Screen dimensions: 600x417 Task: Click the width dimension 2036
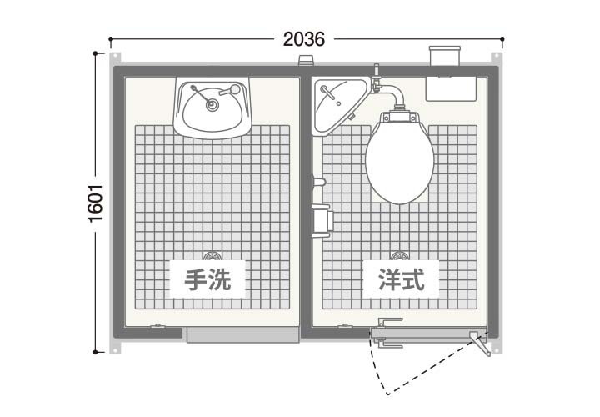(x=304, y=39)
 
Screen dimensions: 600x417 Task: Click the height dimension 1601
(x=96, y=203)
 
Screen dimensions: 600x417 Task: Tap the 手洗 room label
(x=207, y=279)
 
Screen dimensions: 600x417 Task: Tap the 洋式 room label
(x=402, y=279)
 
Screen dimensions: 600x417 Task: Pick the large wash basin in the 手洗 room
(x=212, y=108)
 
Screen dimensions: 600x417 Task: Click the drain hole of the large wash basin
(x=212, y=104)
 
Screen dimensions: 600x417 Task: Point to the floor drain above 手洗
(x=211, y=256)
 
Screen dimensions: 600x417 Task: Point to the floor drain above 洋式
(x=399, y=256)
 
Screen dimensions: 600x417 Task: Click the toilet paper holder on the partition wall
(x=322, y=220)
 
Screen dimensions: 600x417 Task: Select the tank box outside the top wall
(x=445, y=56)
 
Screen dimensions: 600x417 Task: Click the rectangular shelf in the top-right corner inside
(x=451, y=89)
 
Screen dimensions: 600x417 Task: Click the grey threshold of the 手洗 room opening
(x=242, y=334)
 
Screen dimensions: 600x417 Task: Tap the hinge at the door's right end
(x=480, y=342)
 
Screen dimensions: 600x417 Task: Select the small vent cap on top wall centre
(x=306, y=61)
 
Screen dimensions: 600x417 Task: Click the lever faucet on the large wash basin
(x=230, y=91)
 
